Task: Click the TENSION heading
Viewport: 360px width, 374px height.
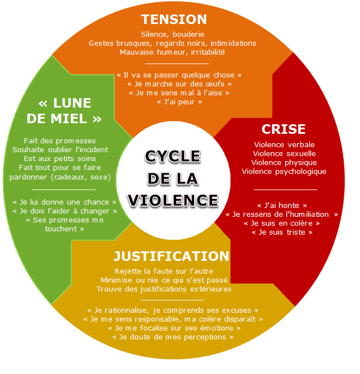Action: click(x=174, y=19)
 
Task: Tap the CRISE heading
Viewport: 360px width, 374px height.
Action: click(x=284, y=129)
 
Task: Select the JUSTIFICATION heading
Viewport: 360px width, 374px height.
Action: click(x=171, y=256)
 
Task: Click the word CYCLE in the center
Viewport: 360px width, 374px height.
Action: click(x=172, y=157)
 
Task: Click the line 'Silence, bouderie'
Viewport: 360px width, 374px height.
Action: click(x=173, y=34)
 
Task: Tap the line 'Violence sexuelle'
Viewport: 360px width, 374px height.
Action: click(x=284, y=153)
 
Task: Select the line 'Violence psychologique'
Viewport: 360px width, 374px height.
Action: click(x=284, y=171)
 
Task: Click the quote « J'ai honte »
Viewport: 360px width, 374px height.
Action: click(x=282, y=205)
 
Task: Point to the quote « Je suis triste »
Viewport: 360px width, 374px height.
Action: click(x=282, y=232)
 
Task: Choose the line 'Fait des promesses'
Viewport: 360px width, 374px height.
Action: click(x=60, y=140)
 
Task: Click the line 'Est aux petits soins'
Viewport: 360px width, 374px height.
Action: click(x=60, y=158)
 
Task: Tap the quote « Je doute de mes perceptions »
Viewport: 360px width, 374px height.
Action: click(x=173, y=337)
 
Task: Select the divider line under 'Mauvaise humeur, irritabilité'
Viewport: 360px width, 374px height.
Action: click(x=173, y=63)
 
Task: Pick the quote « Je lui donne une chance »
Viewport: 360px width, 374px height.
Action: click(x=64, y=202)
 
